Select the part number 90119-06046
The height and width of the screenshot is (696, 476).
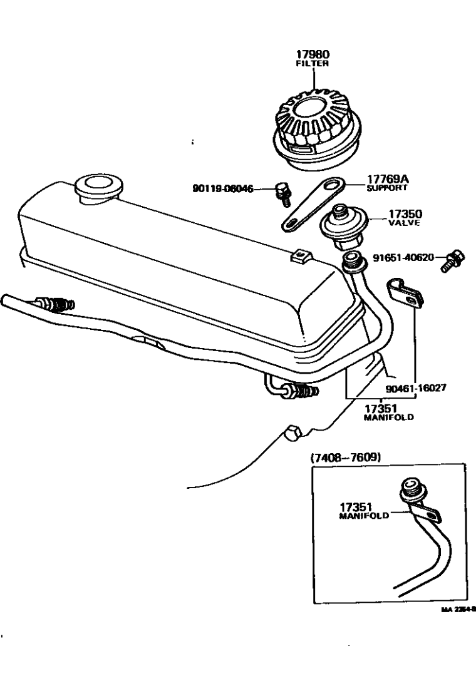click(222, 188)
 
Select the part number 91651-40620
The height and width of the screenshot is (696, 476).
click(407, 257)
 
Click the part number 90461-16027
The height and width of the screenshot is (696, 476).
click(416, 387)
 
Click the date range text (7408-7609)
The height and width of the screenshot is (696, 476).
click(346, 457)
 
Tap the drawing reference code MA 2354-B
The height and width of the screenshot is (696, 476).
click(462, 607)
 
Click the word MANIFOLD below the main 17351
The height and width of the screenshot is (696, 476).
click(388, 416)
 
